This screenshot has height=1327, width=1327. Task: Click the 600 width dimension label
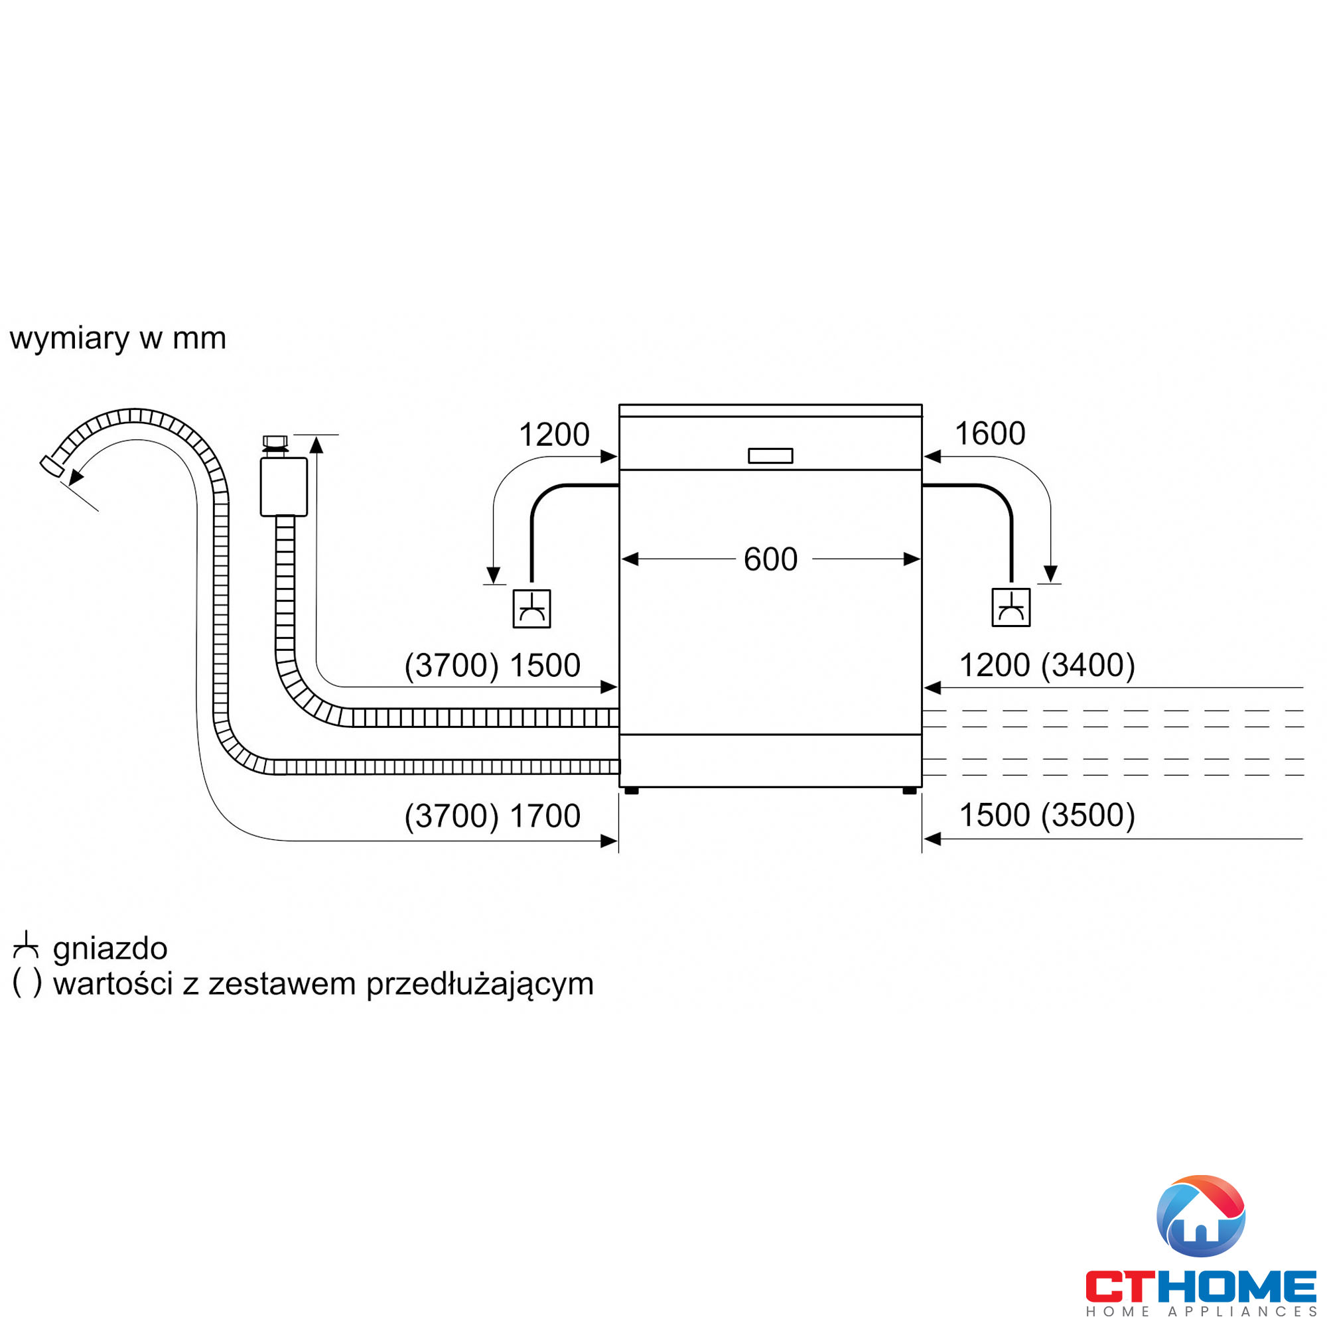(x=770, y=559)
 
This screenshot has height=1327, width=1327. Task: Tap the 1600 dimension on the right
(x=990, y=433)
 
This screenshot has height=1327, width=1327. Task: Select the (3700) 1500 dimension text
(x=492, y=665)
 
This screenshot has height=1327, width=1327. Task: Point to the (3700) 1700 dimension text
(x=492, y=815)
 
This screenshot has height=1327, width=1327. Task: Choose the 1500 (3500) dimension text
(x=1047, y=815)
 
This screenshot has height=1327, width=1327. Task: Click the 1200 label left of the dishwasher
(x=553, y=434)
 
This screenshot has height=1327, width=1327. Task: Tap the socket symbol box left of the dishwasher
(x=531, y=608)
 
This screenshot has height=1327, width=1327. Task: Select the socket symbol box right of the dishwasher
(x=1011, y=607)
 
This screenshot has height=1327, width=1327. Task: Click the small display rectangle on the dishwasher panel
(x=770, y=455)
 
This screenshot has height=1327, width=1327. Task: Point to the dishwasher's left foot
(x=632, y=792)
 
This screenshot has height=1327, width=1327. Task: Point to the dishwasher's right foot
(x=910, y=792)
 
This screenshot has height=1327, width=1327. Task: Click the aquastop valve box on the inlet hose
(x=284, y=487)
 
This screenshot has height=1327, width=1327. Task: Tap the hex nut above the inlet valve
(x=275, y=441)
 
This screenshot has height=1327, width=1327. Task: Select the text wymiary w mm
(x=117, y=338)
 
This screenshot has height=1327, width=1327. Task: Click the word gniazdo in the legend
(x=110, y=949)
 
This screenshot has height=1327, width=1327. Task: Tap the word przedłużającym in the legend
(x=480, y=983)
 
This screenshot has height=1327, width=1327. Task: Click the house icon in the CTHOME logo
(x=1201, y=1216)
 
